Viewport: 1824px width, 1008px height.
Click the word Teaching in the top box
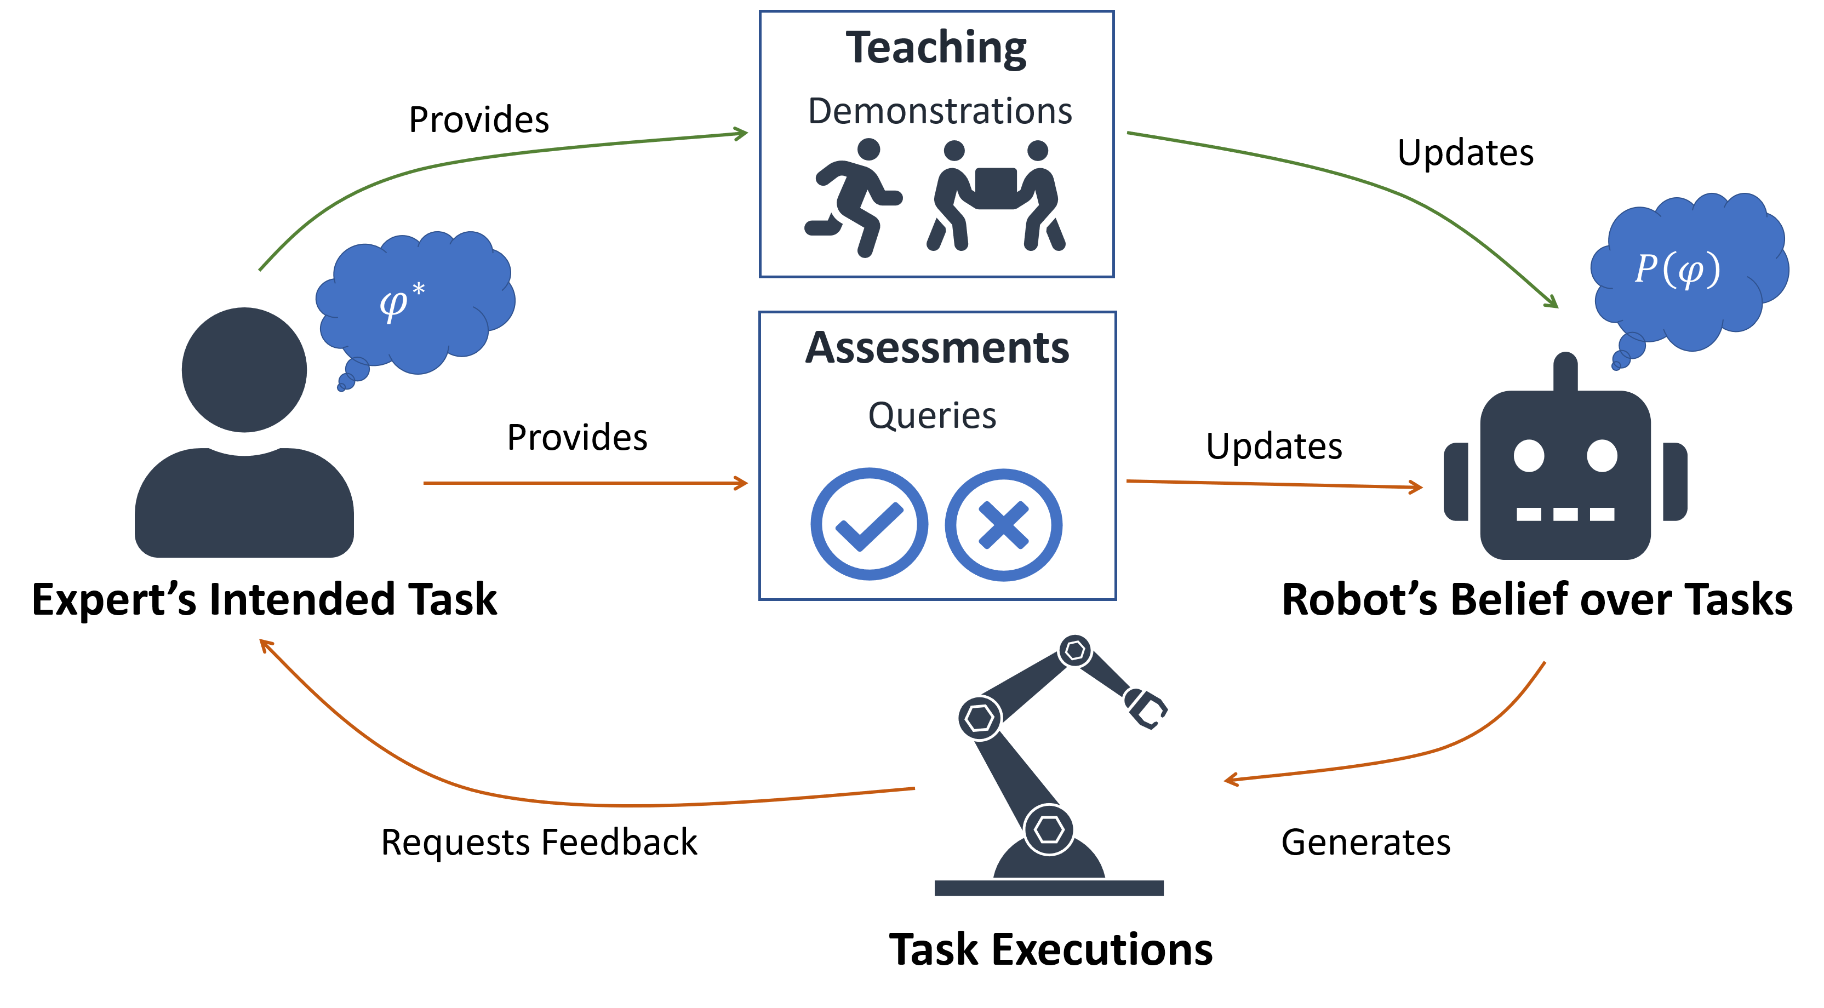(x=935, y=48)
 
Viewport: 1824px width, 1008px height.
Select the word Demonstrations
(x=940, y=111)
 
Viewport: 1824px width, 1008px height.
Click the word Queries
(x=932, y=415)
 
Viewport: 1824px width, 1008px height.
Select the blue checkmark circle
(x=869, y=524)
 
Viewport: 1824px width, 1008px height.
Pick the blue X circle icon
(x=1003, y=524)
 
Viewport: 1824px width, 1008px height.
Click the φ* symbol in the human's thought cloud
(x=401, y=301)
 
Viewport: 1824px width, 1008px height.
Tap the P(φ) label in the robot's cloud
(x=1677, y=270)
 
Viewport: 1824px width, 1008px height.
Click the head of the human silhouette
(x=244, y=369)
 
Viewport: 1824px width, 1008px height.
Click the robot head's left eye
(x=1529, y=455)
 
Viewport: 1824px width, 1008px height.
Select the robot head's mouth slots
(x=1565, y=514)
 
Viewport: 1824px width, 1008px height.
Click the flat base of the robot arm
(x=1049, y=887)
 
